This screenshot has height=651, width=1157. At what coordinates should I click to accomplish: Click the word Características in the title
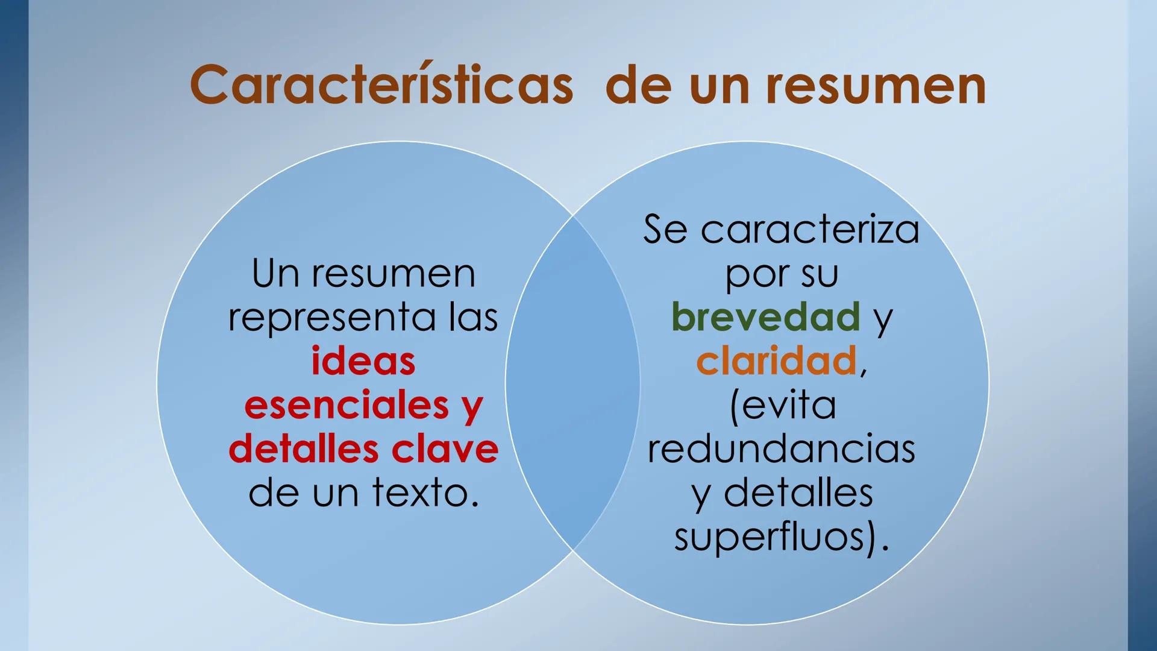[381, 86]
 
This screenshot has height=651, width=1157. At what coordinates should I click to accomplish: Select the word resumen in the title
[876, 86]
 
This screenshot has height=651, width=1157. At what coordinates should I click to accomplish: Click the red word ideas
[363, 361]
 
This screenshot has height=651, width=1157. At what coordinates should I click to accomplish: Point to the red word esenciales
[346, 405]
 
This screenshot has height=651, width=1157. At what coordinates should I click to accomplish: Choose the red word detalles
[304, 449]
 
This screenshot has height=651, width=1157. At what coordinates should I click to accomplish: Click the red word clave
[445, 449]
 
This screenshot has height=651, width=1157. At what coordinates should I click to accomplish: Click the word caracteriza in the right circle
[810, 230]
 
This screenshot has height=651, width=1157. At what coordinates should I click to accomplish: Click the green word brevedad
[765, 317]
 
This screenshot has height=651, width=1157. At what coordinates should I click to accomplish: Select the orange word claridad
[776, 361]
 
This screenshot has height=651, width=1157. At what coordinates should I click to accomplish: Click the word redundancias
[782, 449]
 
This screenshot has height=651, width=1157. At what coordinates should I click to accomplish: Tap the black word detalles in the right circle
[798, 493]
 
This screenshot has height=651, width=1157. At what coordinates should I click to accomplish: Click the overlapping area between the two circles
[572, 383]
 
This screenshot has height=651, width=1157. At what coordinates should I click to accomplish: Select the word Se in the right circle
[665, 230]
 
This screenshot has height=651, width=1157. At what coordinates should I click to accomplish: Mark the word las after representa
[473, 318]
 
